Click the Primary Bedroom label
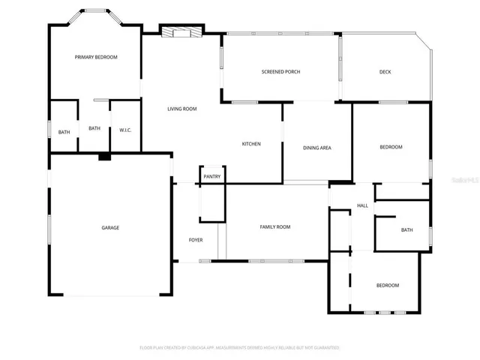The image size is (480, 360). (96, 57)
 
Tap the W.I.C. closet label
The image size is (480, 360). (125, 130)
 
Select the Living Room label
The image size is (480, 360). (181, 109)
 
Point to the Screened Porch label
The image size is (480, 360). (280, 72)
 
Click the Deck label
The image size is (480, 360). (385, 72)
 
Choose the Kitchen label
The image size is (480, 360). (251, 144)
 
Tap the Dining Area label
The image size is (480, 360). (316, 148)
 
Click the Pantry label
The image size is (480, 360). (211, 177)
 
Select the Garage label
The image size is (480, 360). (110, 227)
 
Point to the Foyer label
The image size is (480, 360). (196, 240)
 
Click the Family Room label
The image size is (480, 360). (275, 226)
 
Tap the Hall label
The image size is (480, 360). (362, 205)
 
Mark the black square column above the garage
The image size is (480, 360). (104, 157)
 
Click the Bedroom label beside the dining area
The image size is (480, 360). (391, 147)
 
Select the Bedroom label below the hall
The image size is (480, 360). (387, 285)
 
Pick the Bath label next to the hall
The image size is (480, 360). (406, 230)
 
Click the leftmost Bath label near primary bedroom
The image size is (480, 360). (64, 133)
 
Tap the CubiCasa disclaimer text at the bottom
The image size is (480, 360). (240, 348)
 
